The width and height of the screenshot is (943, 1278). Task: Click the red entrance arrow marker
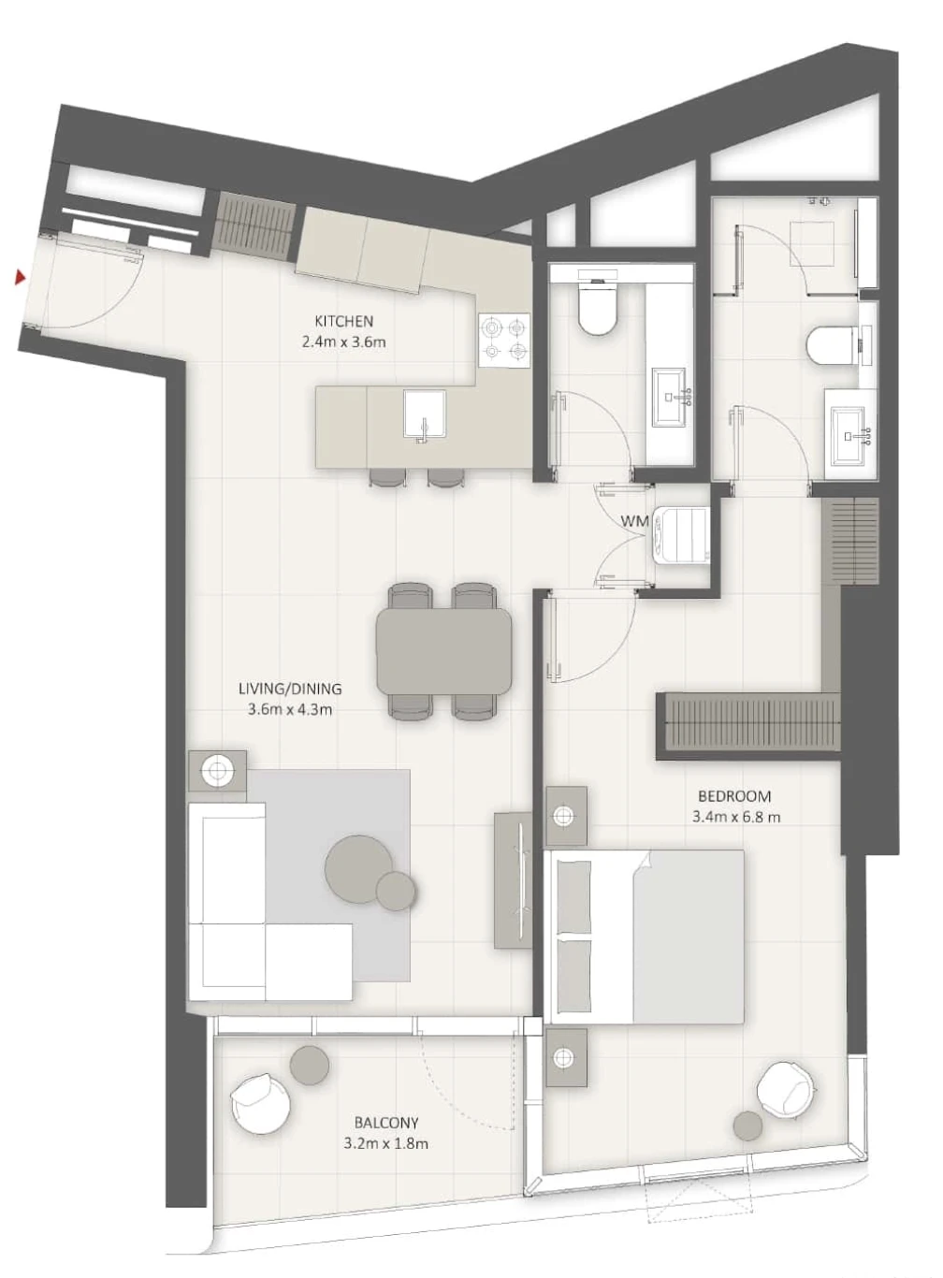coord(21,278)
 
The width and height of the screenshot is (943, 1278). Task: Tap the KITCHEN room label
coord(343,321)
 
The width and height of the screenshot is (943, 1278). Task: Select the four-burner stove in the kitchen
coord(504,341)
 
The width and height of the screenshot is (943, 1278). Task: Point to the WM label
coord(634,521)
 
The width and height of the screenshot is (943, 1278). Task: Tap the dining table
coord(443,652)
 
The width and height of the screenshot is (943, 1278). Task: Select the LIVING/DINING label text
coord(290,689)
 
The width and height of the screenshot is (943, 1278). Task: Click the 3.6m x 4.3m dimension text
coord(290,709)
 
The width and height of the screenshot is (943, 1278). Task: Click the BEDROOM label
coord(734,796)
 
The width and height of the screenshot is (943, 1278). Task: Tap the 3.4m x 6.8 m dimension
coord(736,817)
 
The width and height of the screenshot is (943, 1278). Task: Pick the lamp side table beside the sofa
coord(217,770)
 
